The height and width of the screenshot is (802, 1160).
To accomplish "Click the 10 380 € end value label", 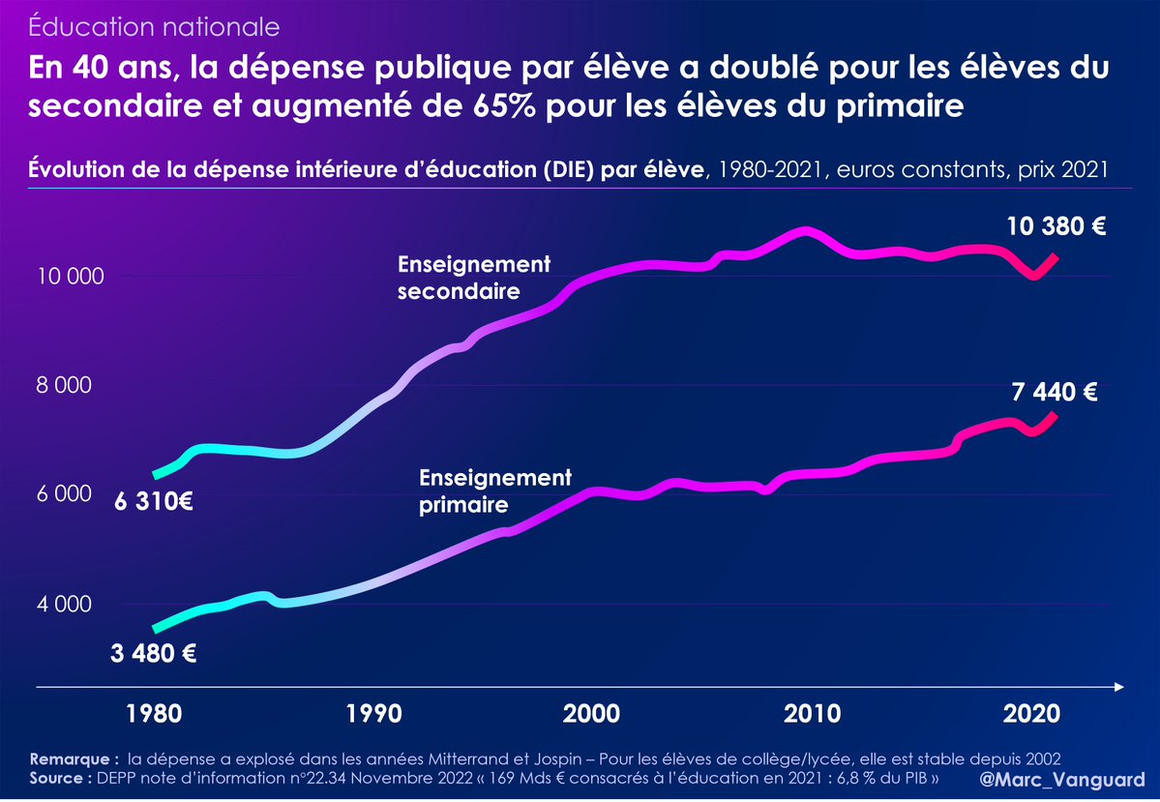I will (x=1056, y=227).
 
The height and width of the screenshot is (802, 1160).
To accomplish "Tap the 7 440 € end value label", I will (x=1055, y=393).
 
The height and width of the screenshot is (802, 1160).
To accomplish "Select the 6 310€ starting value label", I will (x=153, y=503).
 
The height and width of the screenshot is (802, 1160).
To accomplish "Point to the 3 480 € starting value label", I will (x=154, y=653).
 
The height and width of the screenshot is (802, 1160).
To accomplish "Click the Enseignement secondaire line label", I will (x=474, y=277).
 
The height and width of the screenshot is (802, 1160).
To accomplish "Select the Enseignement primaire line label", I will (x=495, y=490).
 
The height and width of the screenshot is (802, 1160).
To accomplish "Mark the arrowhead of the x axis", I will (x=1118, y=687).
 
